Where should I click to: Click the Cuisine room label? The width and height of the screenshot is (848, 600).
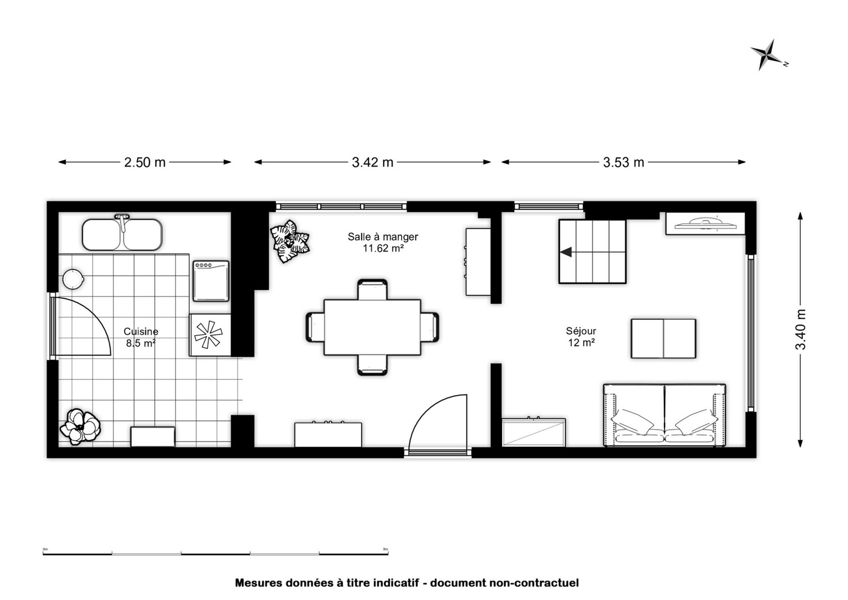(x=141, y=331)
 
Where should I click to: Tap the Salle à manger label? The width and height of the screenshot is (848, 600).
(x=383, y=237)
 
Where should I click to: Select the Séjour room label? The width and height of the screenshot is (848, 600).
(x=581, y=331)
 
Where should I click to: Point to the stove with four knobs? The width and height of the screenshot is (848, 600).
(x=211, y=281)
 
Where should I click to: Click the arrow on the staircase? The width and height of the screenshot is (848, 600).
(x=566, y=252)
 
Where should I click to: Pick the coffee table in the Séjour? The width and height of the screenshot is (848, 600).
(x=663, y=338)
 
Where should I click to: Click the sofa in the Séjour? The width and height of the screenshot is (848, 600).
(x=664, y=415)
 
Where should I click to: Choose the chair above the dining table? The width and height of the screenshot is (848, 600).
(x=373, y=289)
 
